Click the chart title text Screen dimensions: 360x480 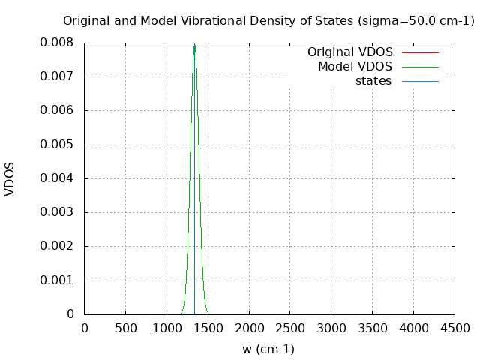268,21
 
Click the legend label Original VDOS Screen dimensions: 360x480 349,52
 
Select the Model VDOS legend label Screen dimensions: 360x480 355,67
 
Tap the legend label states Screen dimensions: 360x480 373,81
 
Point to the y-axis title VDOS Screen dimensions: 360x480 10,178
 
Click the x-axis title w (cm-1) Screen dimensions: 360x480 268,349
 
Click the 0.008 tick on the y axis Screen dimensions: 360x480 57,43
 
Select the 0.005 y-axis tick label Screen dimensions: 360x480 57,145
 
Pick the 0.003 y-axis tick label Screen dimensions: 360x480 57,212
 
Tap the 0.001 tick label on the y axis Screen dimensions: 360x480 57,280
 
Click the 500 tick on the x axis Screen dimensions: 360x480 125,328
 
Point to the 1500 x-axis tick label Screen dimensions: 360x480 208,328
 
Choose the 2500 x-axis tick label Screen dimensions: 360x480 289,328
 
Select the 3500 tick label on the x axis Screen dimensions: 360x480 372,328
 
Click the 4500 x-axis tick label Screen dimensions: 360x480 454,328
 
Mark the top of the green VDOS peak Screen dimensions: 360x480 194,45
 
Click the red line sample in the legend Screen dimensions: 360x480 420,52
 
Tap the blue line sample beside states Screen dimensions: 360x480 420,81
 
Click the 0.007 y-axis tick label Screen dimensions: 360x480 57,76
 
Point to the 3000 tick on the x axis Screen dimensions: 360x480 331,328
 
